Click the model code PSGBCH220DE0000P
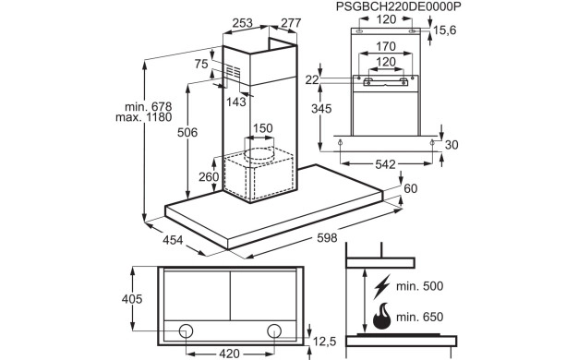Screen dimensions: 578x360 click(x=399, y=6)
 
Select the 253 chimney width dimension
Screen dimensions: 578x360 click(x=243, y=23)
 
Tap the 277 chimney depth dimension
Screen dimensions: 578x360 click(x=291, y=23)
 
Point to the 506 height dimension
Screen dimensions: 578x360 click(x=187, y=132)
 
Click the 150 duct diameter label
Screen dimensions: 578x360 click(x=263, y=128)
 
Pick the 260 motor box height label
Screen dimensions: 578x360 click(x=209, y=177)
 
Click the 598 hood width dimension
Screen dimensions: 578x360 click(x=327, y=238)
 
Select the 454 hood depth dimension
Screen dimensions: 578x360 click(x=173, y=240)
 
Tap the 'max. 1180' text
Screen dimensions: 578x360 click(x=144, y=117)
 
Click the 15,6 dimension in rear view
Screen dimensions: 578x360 click(x=444, y=30)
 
